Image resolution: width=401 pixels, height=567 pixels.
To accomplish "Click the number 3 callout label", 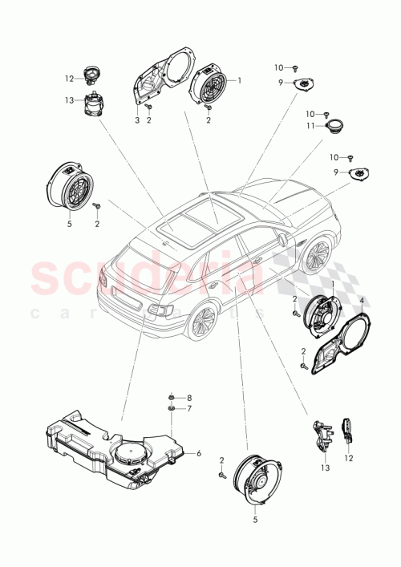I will (137, 119).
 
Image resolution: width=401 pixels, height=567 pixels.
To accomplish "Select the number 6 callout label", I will (198, 454).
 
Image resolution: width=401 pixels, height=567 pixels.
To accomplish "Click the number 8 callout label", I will (189, 398).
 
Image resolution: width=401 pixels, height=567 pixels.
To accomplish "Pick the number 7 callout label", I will (189, 409).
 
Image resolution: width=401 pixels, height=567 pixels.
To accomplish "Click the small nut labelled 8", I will (172, 398).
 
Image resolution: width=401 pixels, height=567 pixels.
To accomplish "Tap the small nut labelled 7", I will (172, 409).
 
